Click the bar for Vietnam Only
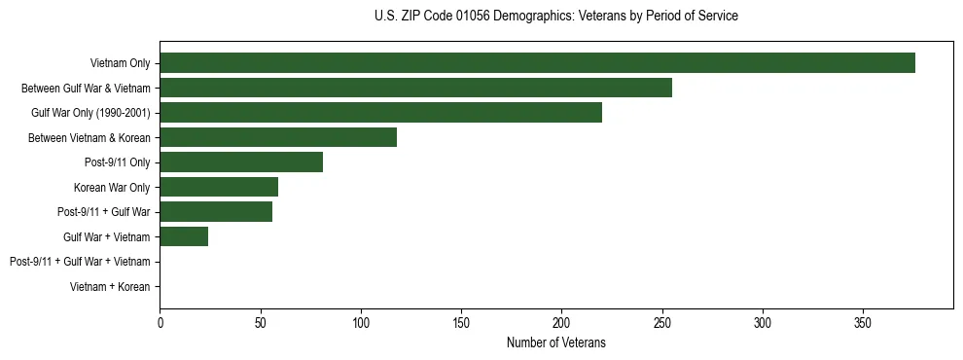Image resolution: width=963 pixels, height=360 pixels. click(x=537, y=63)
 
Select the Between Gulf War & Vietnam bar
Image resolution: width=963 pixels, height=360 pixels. click(x=415, y=88)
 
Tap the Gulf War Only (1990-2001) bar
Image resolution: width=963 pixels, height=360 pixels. click(x=380, y=113)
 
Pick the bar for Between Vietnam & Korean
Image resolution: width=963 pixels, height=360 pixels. click(x=278, y=137)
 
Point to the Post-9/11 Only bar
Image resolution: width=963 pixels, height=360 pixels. click(x=241, y=162)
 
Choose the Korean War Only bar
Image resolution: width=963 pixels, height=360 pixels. click(x=219, y=187)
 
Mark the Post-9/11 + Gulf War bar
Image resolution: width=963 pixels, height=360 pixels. click(x=216, y=212)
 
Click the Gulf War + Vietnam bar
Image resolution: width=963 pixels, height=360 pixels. click(x=184, y=236)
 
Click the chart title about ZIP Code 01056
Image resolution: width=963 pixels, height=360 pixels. click(x=555, y=17)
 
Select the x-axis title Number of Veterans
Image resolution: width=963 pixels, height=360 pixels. click(x=555, y=342)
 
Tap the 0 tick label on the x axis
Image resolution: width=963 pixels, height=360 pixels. click(x=160, y=322)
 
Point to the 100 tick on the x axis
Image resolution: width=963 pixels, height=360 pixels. click(x=361, y=322)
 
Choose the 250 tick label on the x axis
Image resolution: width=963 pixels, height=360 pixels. click(x=661, y=322)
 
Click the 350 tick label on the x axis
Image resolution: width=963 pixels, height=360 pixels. click(x=863, y=322)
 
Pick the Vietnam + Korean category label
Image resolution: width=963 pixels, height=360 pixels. click(x=110, y=287)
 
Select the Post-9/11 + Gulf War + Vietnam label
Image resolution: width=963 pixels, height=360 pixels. click(x=80, y=262)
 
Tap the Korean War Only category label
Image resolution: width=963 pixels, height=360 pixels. click(x=112, y=187)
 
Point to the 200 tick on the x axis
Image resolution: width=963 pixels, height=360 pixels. click(x=561, y=322)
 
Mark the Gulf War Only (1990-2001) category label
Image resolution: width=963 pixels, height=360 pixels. click(x=90, y=113)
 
